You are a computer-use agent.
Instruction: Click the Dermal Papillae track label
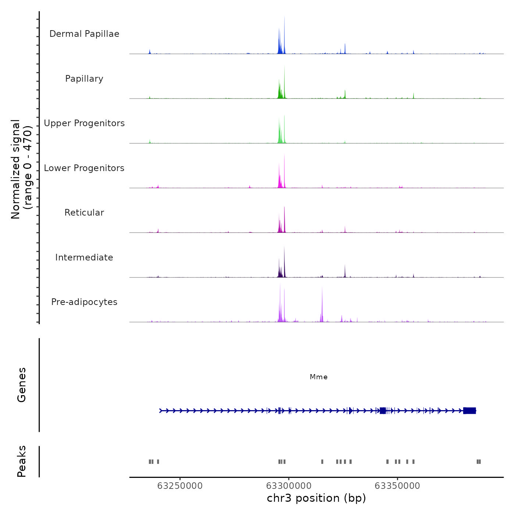tap(84, 34)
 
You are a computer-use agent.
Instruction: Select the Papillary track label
tap(84, 79)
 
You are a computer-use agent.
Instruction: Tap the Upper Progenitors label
tap(84, 123)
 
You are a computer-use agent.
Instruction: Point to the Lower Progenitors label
tap(84, 168)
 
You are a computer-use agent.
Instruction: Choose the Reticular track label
tap(84, 213)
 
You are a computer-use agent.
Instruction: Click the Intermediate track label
tap(84, 257)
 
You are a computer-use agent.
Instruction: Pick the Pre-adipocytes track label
tap(84, 302)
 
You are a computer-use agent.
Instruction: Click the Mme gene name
tap(319, 377)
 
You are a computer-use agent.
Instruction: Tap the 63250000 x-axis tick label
tap(180, 486)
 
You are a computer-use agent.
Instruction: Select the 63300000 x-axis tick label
tap(289, 486)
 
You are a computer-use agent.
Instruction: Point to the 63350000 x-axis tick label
tap(397, 486)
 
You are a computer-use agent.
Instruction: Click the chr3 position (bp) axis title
tap(316, 498)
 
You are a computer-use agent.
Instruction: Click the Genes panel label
tap(22, 385)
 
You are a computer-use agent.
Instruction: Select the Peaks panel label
tap(22, 461)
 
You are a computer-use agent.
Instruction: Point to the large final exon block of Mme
tap(470, 411)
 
